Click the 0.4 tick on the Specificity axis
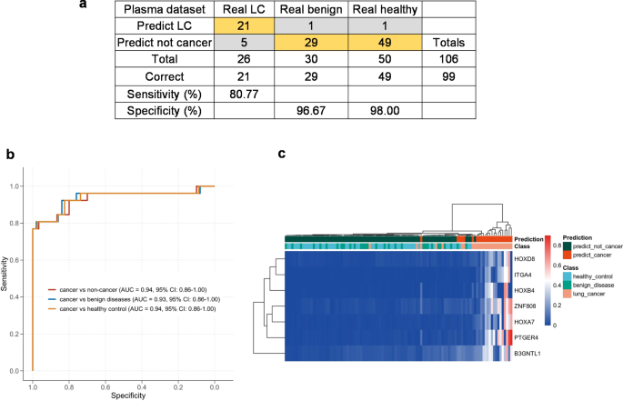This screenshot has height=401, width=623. pos(143,386)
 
